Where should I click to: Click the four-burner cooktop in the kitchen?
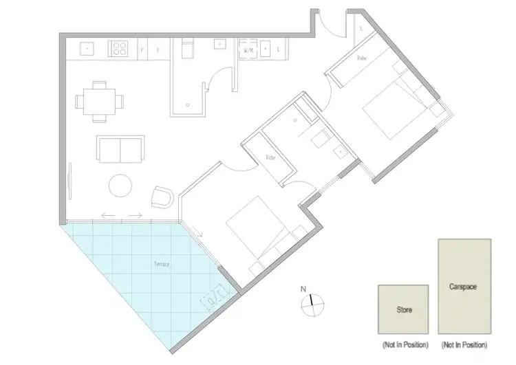[x=120, y=49]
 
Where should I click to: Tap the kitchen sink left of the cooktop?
[x=88, y=49]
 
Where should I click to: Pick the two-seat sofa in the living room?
[x=121, y=147]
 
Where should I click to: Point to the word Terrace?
[x=162, y=264]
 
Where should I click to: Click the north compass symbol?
[x=312, y=300]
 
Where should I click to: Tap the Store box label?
[x=404, y=311]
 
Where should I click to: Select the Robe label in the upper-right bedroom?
[x=361, y=59]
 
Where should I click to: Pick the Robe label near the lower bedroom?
[x=270, y=157]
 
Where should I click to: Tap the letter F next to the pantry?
[x=158, y=49]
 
